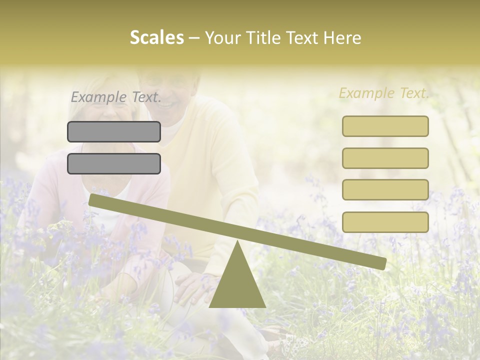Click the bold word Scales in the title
[x=156, y=37]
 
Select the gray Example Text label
[x=116, y=97]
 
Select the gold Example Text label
[x=384, y=93]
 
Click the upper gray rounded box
[x=114, y=131]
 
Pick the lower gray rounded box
[x=114, y=163]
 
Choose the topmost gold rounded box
[x=385, y=126]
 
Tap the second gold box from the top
[x=385, y=158]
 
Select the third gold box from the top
[x=385, y=189]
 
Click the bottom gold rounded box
[x=385, y=222]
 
